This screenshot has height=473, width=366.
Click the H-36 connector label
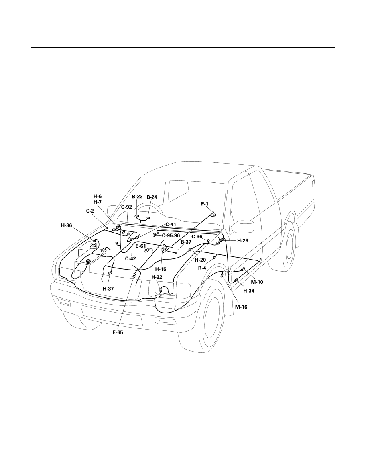click(x=67, y=225)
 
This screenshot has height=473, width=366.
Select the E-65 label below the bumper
click(x=118, y=333)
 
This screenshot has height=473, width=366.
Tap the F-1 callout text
click(x=205, y=204)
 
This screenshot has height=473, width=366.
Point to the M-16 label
click(x=241, y=307)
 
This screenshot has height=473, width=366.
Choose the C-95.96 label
click(x=171, y=235)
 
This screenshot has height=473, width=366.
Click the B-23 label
click(x=137, y=196)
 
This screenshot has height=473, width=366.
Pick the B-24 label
click(x=152, y=197)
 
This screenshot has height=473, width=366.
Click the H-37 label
click(x=108, y=289)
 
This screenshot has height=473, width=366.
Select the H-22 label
click(x=157, y=277)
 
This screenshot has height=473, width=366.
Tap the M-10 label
click(x=257, y=282)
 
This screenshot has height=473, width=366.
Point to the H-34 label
click(x=248, y=291)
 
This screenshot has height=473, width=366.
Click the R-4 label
click(x=202, y=268)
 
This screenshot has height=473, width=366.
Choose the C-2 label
click(x=90, y=211)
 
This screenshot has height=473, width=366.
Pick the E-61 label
click(x=140, y=246)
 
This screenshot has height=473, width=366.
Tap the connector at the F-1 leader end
click(x=215, y=215)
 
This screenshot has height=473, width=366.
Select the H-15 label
click(x=161, y=269)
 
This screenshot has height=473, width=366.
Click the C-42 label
click(x=130, y=258)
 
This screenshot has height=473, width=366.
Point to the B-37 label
click(x=186, y=242)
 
